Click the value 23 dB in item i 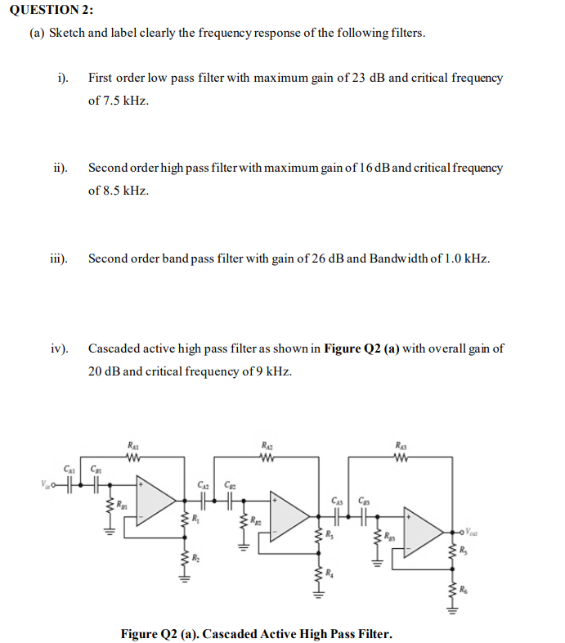pyautogui.click(x=368, y=79)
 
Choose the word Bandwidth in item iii pyautogui.click(x=397, y=259)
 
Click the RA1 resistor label pyautogui.click(x=132, y=445)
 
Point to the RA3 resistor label pyautogui.click(x=401, y=445)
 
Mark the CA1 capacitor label pyautogui.click(x=70, y=469)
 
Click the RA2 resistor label pyautogui.click(x=267, y=445)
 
